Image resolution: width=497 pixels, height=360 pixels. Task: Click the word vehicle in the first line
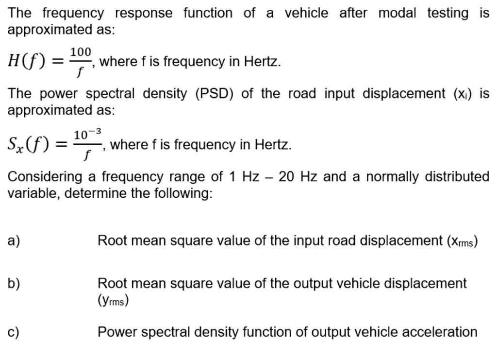(x=306, y=13)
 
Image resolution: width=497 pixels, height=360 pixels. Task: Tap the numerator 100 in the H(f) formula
(x=81, y=51)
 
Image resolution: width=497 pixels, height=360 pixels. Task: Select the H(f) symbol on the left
(x=27, y=61)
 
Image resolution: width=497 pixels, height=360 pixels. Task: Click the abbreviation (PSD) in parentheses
(x=214, y=94)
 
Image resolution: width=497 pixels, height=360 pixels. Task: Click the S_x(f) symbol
(x=29, y=144)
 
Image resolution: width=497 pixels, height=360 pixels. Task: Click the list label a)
(x=14, y=240)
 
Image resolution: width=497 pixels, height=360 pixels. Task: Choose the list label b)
(x=14, y=283)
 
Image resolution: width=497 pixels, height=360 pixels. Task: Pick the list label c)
(x=13, y=332)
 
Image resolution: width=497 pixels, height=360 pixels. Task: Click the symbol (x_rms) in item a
(x=462, y=241)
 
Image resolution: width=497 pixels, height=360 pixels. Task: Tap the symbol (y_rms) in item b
(x=113, y=300)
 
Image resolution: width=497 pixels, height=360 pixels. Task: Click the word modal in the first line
(x=397, y=13)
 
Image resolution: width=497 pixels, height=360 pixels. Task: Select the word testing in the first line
(x=447, y=14)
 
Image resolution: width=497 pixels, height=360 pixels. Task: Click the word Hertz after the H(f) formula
(x=262, y=61)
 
